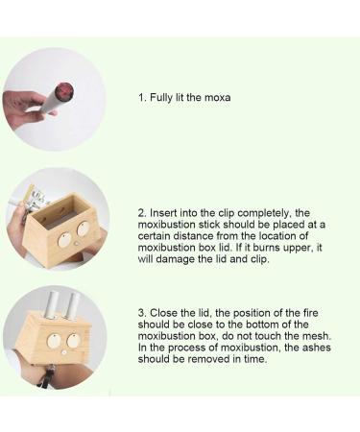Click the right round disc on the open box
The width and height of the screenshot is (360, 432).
point(84,228)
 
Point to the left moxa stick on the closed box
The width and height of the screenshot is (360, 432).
point(48,309)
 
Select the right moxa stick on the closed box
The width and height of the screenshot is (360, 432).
point(71,306)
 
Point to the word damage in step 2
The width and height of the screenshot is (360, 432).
point(183,258)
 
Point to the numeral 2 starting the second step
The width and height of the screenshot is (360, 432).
point(140,212)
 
